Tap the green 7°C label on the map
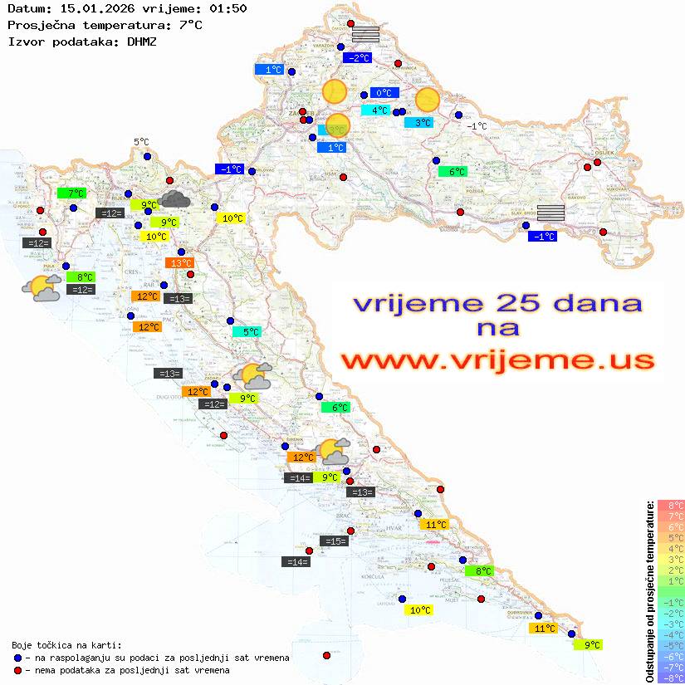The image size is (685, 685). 71,193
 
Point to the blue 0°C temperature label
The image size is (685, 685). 384,93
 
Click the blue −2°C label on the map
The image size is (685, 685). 358,58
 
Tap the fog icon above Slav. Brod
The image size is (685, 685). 550,212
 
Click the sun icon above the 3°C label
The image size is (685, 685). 428,100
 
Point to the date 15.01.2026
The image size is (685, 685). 91,8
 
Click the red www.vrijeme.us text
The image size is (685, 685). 497,360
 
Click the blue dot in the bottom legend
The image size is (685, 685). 18,658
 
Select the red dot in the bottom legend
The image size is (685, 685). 18,670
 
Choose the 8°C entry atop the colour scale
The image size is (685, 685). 671,505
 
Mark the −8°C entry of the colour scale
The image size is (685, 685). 671,678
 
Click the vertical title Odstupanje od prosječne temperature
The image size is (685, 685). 650,590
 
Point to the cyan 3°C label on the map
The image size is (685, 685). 418,123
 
